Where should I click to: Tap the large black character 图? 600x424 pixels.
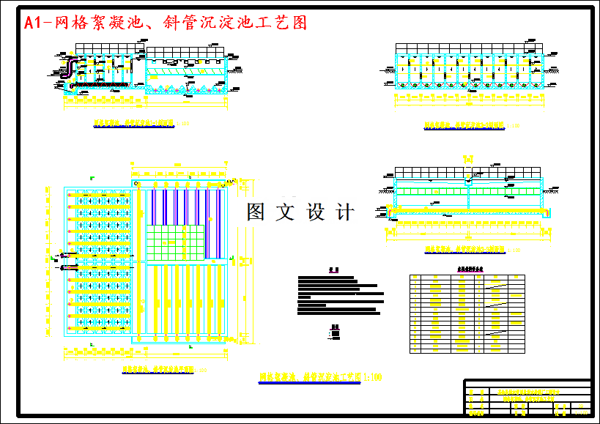pyautogui.click(x=256, y=212)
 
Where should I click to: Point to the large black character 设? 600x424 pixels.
pyautogui.click(x=315, y=212)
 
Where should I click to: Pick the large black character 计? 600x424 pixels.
pyautogui.click(x=344, y=212)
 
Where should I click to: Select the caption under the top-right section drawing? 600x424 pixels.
pyautogui.click(x=462, y=125)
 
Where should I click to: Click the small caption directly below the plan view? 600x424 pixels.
pyautogui.click(x=155, y=368)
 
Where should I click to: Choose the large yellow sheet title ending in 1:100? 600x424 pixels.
pyautogui.click(x=321, y=377)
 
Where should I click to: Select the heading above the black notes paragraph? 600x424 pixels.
pyautogui.click(x=333, y=269)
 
